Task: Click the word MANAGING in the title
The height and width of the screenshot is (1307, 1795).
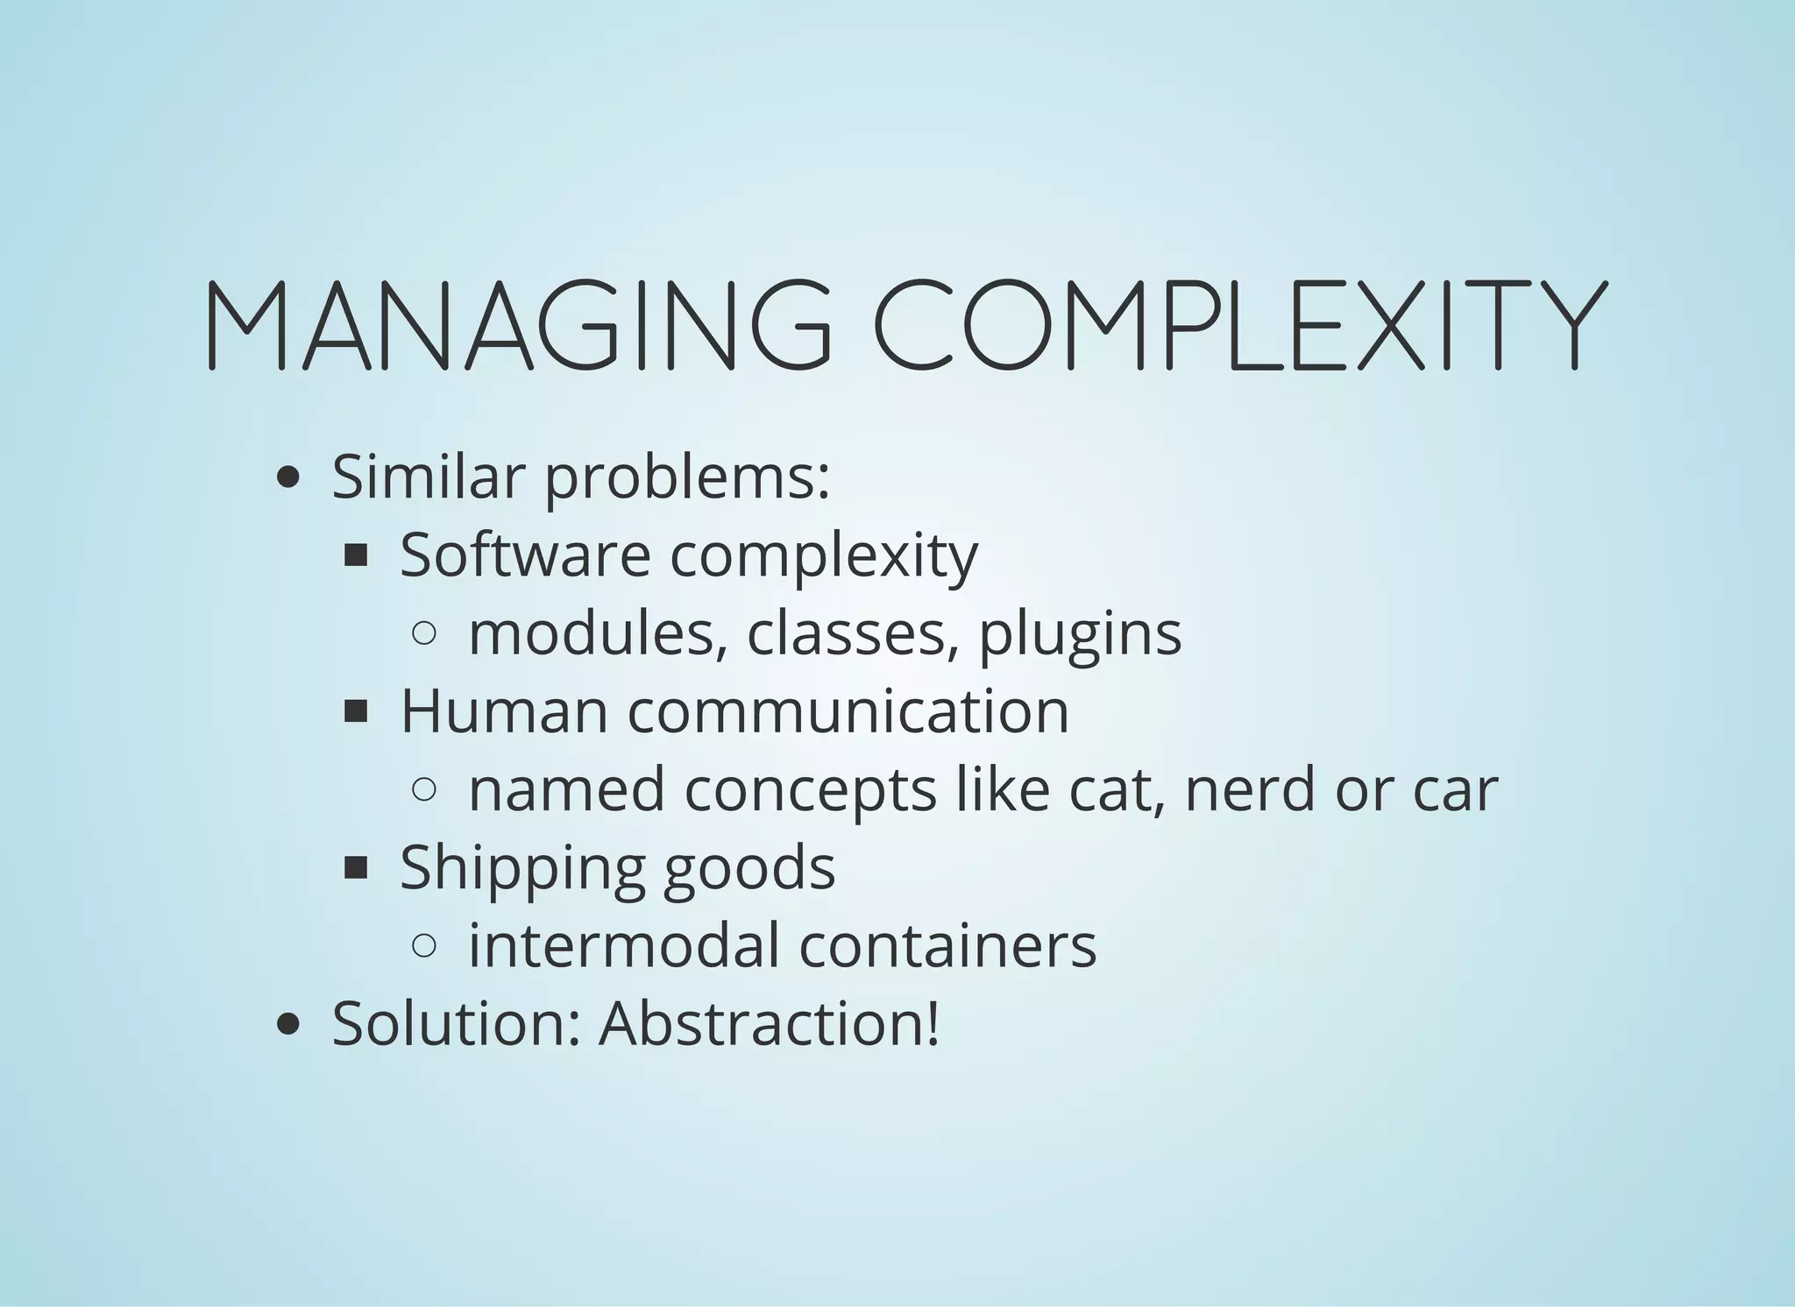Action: tap(517, 324)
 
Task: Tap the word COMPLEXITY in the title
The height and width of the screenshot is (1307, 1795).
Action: tap(1240, 324)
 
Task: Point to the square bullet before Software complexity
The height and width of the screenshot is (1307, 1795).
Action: tap(356, 555)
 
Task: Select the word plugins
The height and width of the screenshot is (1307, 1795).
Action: tap(1080, 634)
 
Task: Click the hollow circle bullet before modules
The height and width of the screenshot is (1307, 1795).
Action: tap(423, 633)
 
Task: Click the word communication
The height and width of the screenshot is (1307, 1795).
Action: tap(848, 710)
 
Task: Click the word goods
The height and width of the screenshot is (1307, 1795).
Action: tap(749, 868)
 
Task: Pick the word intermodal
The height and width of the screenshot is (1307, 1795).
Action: tap(623, 945)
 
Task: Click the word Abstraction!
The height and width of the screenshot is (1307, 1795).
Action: tap(769, 1023)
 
